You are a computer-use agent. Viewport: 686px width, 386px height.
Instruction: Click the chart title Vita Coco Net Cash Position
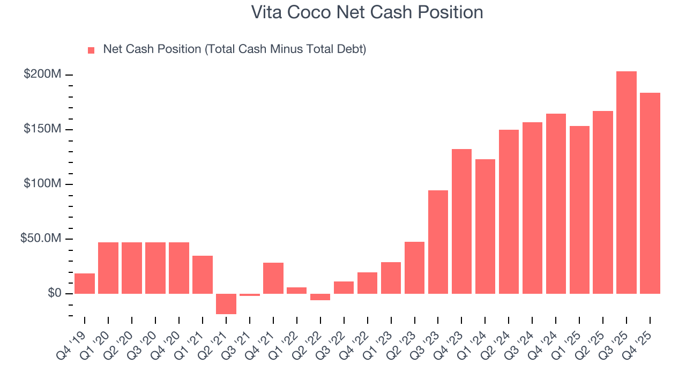[x=367, y=12]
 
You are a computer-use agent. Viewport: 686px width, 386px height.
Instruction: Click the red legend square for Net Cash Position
[x=91, y=50]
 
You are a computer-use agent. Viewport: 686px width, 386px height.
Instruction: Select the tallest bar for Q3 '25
[x=626, y=182]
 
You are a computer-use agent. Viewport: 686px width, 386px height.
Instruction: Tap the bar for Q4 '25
[x=650, y=193]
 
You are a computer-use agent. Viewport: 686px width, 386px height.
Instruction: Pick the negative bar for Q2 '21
[x=226, y=303]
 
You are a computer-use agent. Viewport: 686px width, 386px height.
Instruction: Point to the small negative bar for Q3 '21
[x=250, y=295]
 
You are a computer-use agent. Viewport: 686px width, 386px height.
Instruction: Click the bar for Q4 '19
[x=85, y=284]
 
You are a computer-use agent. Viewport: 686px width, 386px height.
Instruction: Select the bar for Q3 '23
[x=438, y=242]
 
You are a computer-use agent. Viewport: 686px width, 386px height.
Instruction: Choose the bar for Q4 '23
[x=461, y=221]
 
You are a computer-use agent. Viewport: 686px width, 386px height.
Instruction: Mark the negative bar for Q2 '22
[x=320, y=297]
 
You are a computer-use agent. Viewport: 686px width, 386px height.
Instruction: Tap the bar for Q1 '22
[x=296, y=291]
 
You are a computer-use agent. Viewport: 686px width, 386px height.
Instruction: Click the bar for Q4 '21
[x=273, y=278]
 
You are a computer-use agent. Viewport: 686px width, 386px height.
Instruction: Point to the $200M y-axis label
[x=42, y=75]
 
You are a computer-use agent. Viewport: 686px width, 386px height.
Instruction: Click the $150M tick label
[x=42, y=129]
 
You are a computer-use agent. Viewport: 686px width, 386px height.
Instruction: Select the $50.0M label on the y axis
[x=41, y=239]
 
